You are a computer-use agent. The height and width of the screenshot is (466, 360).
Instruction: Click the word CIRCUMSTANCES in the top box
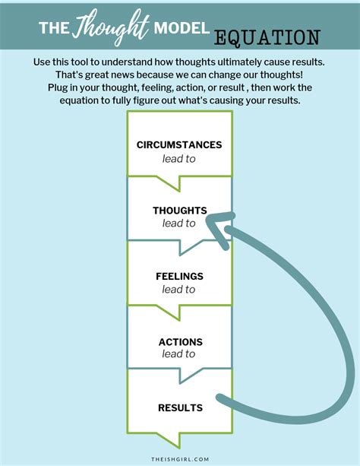[179, 144]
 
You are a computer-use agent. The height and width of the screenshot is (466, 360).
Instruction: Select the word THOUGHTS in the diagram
[179, 211]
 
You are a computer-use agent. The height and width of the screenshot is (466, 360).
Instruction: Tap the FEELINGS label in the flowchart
[179, 276]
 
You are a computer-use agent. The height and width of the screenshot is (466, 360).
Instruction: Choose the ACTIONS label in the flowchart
[179, 341]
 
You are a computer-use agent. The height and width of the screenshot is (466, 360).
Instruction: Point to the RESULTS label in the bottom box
[179, 408]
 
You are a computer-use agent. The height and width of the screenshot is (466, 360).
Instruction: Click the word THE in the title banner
[55, 28]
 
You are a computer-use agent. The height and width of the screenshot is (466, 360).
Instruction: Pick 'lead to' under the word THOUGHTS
[179, 223]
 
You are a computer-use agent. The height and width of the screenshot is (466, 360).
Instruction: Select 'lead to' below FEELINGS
[179, 289]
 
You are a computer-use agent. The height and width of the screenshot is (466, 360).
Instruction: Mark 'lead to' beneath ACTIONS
[179, 354]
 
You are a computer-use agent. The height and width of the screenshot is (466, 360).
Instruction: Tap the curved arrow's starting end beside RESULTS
[220, 399]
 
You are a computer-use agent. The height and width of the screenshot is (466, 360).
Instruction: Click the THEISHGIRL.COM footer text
[179, 457]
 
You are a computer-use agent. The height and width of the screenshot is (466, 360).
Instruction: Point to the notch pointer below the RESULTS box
[179, 439]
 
